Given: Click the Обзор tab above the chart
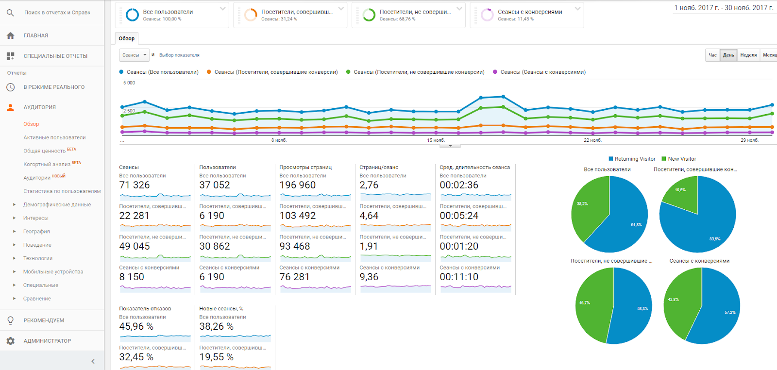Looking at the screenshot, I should (126, 38).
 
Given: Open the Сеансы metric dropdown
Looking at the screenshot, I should (134, 55).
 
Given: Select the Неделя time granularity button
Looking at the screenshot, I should (748, 55).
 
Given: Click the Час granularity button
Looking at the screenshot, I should (712, 55).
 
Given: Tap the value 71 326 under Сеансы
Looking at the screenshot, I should (135, 185).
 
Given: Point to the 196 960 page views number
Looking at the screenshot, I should (297, 185).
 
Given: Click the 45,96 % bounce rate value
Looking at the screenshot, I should (136, 326).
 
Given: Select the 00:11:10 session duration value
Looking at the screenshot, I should (459, 277).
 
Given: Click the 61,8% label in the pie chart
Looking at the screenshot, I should (636, 225).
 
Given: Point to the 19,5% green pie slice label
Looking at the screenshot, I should (680, 190).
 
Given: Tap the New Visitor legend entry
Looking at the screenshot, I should (681, 159).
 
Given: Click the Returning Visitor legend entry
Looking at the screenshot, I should (634, 159).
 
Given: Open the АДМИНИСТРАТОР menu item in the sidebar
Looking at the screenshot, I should (47, 341).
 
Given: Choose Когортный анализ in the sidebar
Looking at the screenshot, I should (47, 164).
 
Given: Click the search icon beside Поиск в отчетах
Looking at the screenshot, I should (10, 13).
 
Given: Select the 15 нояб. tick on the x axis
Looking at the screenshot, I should (436, 140).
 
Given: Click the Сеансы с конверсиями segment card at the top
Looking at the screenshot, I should (529, 15).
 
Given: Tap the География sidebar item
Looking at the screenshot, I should (36, 232).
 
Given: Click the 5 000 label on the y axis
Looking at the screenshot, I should (129, 83).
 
